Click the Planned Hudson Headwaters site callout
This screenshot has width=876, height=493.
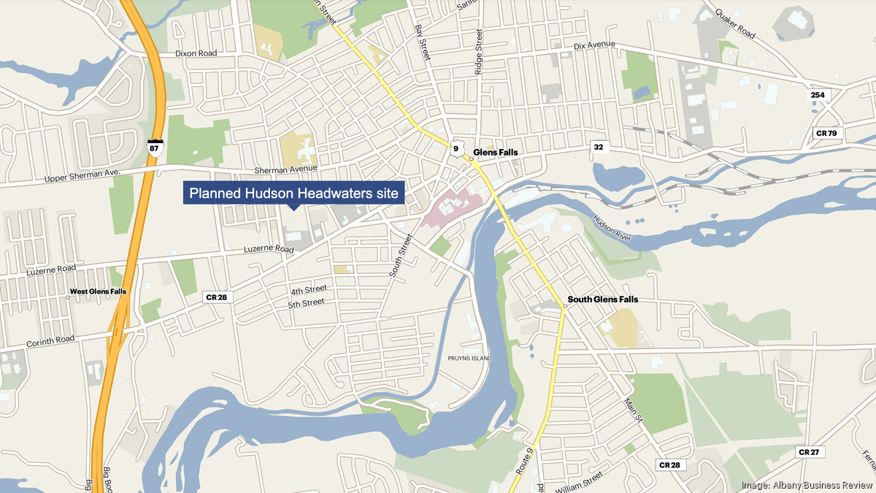pos(293,194)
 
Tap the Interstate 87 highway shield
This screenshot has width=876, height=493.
pos(154,146)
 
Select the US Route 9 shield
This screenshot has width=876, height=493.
pos(456,149)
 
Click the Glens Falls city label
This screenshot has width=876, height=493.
pos(496,152)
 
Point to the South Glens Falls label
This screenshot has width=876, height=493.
pos(603,299)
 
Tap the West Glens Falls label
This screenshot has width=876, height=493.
pos(98,291)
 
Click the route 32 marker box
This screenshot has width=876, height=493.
pos(599,148)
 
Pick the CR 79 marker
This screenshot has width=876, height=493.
pos(827,133)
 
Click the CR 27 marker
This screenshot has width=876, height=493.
pos(808,452)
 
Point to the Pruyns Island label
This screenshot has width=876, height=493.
pos(470,359)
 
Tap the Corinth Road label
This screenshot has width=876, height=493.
pos(50,337)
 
